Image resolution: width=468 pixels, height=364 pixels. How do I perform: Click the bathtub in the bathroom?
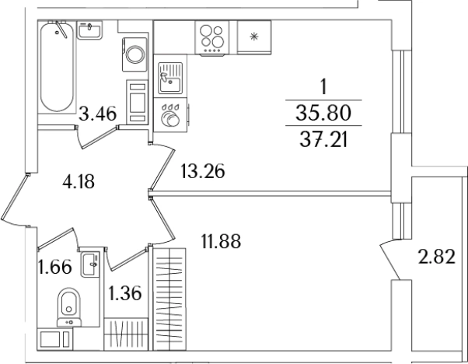pyautogui.click(x=57, y=67)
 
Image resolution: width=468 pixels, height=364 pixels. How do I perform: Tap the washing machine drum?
pyautogui.click(x=135, y=54)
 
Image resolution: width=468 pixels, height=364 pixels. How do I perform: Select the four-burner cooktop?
pyautogui.click(x=212, y=37)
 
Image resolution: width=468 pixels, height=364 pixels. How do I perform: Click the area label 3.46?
pyautogui.click(x=97, y=114)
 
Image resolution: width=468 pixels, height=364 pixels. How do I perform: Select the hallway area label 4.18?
pyautogui.click(x=79, y=181)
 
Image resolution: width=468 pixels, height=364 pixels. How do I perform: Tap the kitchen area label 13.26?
pyautogui.click(x=203, y=171)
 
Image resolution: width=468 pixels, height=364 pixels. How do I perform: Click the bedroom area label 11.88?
pyautogui.click(x=221, y=241)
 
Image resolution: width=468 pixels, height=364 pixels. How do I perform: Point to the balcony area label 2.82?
pyautogui.click(x=437, y=257)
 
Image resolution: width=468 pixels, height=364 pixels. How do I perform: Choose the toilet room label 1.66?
pyautogui.click(x=55, y=266)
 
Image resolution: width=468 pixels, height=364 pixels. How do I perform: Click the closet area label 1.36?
pyautogui.click(x=124, y=293)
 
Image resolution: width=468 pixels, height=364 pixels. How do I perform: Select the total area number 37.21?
pyautogui.click(x=323, y=140)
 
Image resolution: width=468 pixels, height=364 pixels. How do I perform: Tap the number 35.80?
pyautogui.click(x=323, y=114)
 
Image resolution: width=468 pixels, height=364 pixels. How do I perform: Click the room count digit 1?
pyautogui.click(x=323, y=87)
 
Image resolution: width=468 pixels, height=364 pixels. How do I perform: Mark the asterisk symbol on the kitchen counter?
pyautogui.click(x=254, y=37)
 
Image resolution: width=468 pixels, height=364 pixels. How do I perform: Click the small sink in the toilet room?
pyautogui.click(x=90, y=264)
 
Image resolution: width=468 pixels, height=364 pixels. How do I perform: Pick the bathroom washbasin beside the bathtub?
pyautogui.click(x=89, y=30)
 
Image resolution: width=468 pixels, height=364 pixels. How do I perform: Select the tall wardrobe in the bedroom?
pyautogui.click(x=169, y=299)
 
